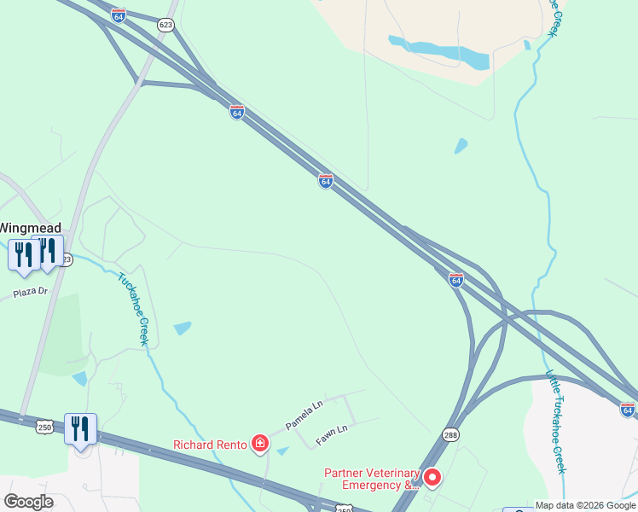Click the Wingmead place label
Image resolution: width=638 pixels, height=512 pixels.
[30, 228]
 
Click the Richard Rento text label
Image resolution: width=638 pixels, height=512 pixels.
[210, 444]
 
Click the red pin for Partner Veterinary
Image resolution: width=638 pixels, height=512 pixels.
[432, 477]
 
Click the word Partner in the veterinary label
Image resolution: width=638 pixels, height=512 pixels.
[347, 473]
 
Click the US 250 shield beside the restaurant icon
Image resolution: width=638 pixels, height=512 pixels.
[45, 425]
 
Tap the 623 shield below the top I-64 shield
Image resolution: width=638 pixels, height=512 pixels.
[165, 26]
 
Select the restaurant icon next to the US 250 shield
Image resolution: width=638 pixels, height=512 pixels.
[80, 429]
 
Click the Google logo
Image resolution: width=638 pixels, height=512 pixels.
[28, 502]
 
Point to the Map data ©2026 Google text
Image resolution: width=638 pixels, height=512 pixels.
[585, 505]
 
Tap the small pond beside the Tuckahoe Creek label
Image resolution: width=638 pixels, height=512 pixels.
[183, 329]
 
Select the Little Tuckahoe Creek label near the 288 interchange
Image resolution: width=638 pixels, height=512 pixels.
[555, 422]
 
